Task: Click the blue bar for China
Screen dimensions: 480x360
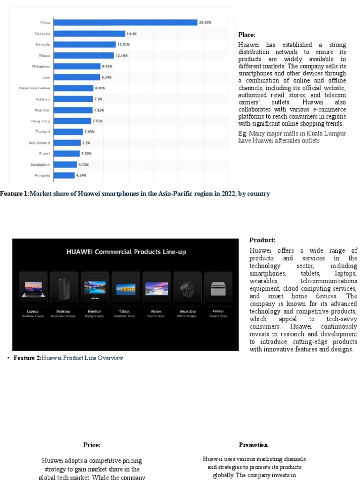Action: pos(125,22)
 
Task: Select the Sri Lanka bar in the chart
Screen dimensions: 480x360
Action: pos(89,34)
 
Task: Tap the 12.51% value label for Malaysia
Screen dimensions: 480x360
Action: pos(123,45)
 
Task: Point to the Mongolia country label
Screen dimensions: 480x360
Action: pos(42,175)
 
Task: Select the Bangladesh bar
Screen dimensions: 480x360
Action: pos(65,165)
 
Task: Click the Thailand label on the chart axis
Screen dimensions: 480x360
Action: pos(43,132)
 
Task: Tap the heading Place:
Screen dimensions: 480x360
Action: pos(247,35)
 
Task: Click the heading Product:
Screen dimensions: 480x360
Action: pos(262,240)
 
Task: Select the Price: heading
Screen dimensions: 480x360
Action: pos(91,445)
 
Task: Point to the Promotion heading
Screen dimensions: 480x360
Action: pos(254,445)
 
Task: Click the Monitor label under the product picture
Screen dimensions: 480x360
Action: pos(95,311)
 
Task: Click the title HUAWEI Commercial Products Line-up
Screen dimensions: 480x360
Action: pos(126,252)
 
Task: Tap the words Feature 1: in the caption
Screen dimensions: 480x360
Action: pos(15,194)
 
